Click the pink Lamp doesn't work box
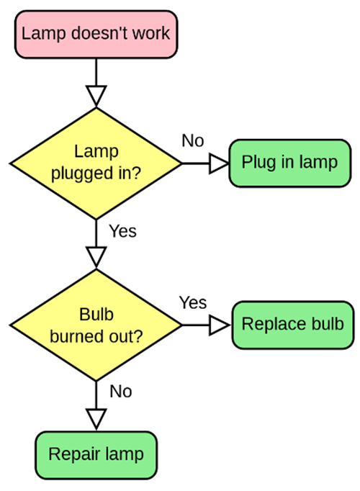pos(96,34)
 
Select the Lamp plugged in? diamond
pos(96,163)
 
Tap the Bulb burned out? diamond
pos(96,325)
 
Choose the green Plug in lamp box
pos(289,162)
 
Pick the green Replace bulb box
pos(292,324)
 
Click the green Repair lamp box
pos(96,454)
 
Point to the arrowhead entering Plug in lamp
pos(218,164)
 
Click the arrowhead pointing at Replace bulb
pos(218,325)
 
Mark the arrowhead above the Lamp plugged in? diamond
pos(96,94)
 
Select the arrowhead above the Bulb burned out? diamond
pos(96,256)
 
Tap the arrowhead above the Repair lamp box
pos(96,418)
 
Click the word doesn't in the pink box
pos(98,33)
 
